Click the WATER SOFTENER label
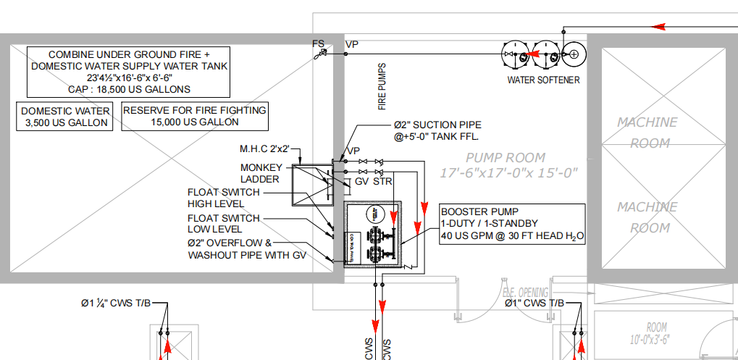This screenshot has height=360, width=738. [x=543, y=80]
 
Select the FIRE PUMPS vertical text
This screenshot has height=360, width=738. [x=382, y=88]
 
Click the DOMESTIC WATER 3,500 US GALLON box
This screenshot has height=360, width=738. [x=65, y=117]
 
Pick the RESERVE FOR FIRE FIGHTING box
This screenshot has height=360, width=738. [x=194, y=116]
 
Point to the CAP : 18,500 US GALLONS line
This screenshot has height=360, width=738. [x=128, y=89]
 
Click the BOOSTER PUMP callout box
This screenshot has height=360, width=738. [x=511, y=224]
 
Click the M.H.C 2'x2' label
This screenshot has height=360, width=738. [x=264, y=148]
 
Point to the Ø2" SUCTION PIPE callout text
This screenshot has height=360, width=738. [x=437, y=130]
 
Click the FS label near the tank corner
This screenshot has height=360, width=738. [x=318, y=43]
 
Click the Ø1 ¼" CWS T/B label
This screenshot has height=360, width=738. [x=116, y=303]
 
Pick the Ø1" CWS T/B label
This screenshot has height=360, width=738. [x=534, y=303]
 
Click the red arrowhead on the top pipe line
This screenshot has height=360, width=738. [x=660, y=27]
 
